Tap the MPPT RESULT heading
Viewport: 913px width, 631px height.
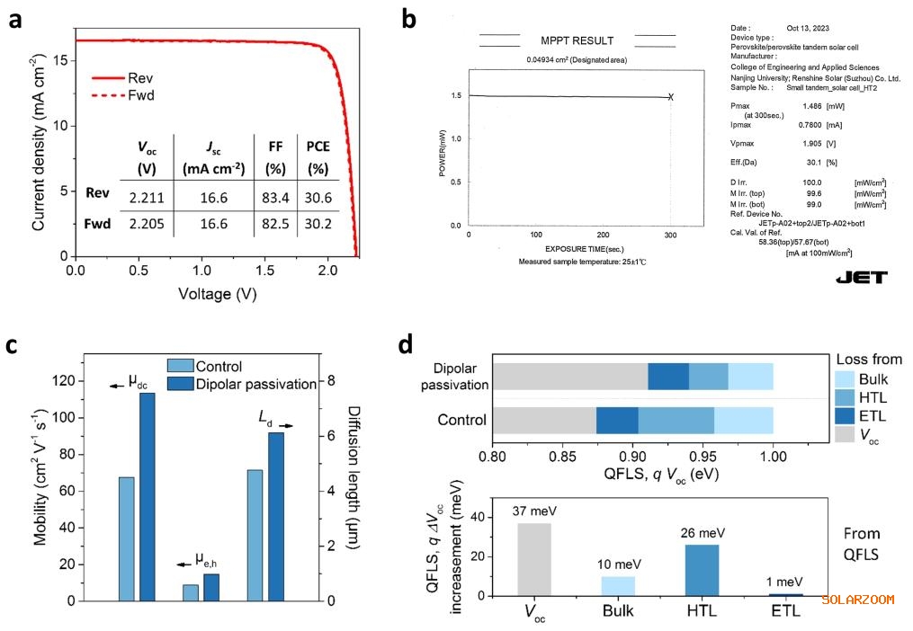coord(577,40)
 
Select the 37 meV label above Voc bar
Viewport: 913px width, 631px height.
coord(533,512)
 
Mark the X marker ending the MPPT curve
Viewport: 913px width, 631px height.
coord(671,97)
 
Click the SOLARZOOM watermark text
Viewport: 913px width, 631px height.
coord(857,599)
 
